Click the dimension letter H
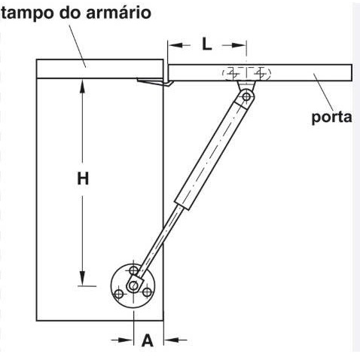click(x=83, y=178)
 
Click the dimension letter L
click(x=207, y=44)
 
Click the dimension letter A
click(x=147, y=340)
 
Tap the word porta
click(x=331, y=117)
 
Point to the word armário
click(x=118, y=13)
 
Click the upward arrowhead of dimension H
click(x=82, y=87)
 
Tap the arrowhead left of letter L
click(x=175, y=45)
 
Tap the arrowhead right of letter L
click(x=239, y=45)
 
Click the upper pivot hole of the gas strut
click(x=246, y=96)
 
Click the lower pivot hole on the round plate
click(x=134, y=285)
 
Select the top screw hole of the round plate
click(x=133, y=270)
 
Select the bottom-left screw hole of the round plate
click(x=118, y=294)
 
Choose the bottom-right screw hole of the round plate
click(x=148, y=292)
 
